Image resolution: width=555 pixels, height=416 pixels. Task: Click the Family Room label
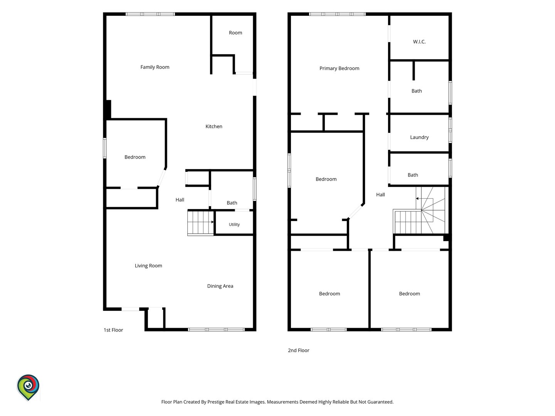155,67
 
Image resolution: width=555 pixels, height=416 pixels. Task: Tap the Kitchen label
214,126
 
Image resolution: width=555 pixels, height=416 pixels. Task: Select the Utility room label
234,224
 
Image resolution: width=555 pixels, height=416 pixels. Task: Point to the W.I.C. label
419,42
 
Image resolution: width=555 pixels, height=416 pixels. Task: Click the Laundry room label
419,137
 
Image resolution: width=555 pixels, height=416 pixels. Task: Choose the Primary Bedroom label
339,68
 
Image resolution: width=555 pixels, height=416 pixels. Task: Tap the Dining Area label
220,286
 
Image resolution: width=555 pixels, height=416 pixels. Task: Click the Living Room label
148,265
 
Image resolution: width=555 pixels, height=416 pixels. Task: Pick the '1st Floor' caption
113,330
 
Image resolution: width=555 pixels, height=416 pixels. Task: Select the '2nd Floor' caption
298,351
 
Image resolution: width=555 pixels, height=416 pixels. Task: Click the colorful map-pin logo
28,387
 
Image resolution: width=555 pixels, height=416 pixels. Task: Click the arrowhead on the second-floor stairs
417,198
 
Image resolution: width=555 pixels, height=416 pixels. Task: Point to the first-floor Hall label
180,200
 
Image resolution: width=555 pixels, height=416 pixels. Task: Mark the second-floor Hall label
380,195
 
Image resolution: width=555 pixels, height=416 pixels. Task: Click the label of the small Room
235,33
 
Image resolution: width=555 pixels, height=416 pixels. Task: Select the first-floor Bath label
232,203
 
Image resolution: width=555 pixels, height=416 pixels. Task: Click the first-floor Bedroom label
135,157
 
